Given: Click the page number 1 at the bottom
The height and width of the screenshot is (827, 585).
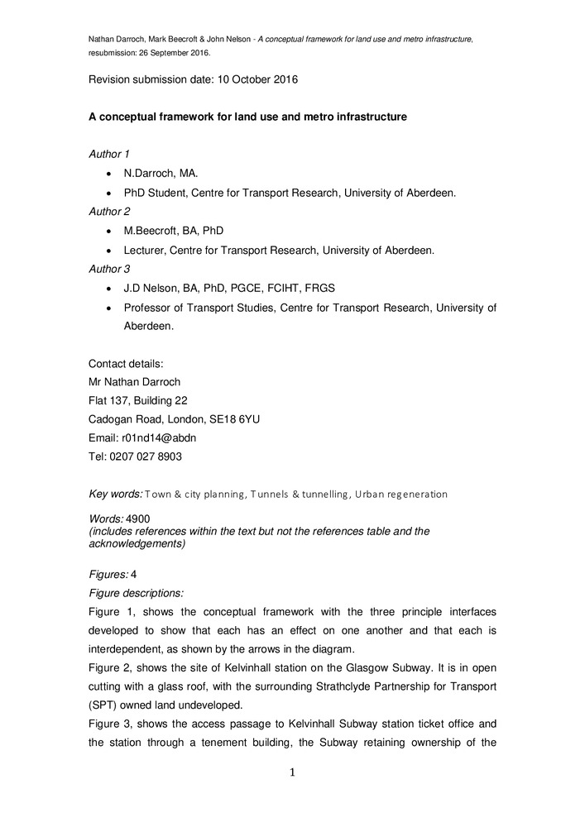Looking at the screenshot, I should click(292, 773).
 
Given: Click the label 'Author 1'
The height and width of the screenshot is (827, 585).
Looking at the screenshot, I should click(109, 154).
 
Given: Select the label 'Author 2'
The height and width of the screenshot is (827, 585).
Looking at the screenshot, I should click(109, 212).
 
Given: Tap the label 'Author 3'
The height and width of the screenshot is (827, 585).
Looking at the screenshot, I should click(109, 269).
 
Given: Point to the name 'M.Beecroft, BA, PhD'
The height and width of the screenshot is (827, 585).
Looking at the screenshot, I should click(173, 231).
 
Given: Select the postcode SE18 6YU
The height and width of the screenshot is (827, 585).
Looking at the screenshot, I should click(237, 419).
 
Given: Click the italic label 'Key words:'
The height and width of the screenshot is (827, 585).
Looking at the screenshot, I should click(115, 494).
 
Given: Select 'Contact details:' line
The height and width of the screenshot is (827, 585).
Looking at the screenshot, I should click(126, 363).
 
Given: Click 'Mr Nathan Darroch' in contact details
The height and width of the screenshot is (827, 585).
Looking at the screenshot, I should click(134, 382).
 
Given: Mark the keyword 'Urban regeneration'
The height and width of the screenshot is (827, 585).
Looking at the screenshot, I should click(400, 495).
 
